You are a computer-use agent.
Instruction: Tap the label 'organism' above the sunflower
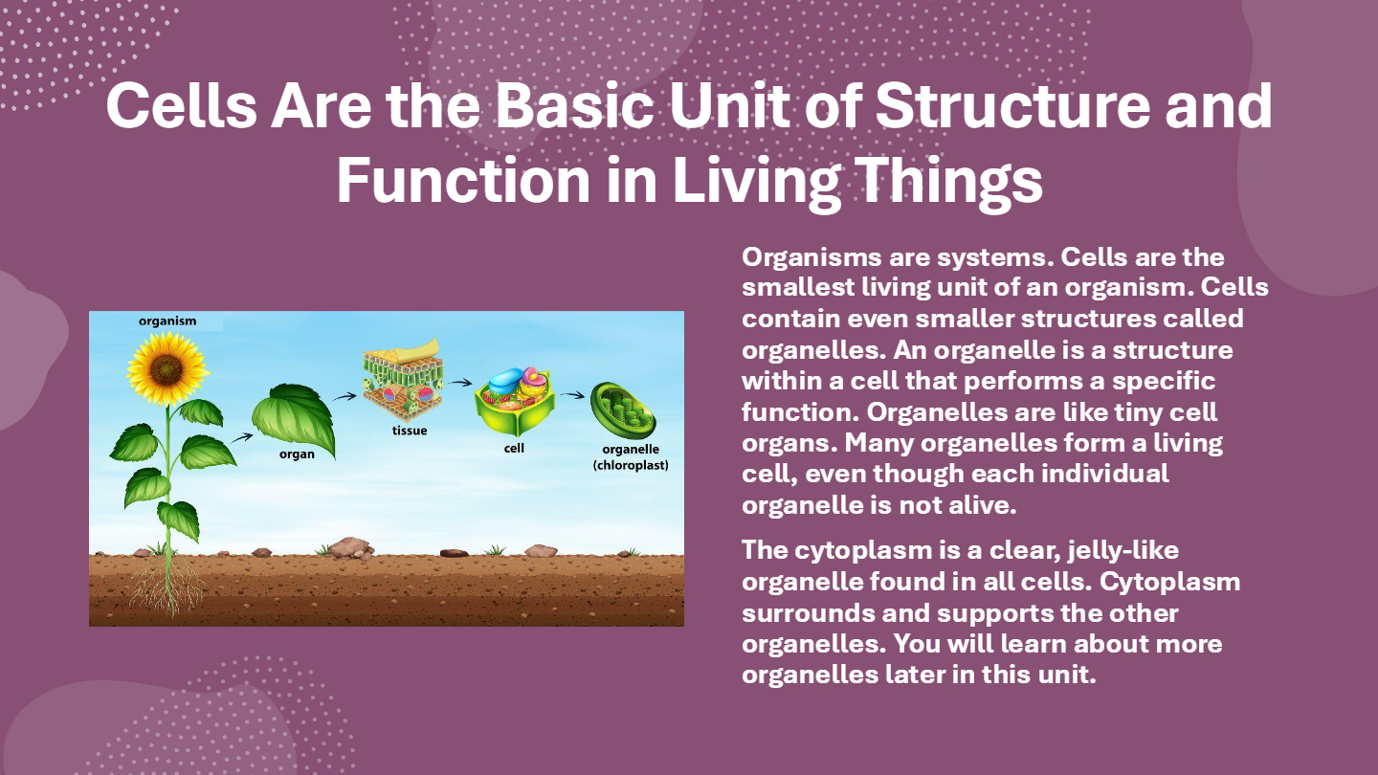click(x=167, y=321)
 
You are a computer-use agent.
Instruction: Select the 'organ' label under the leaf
click(x=297, y=454)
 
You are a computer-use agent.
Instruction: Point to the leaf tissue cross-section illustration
click(x=403, y=378)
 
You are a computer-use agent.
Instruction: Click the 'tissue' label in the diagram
click(x=410, y=431)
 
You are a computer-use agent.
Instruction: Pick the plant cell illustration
click(x=514, y=401)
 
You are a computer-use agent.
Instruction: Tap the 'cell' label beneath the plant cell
click(x=514, y=449)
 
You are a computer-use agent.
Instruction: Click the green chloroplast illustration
click(x=623, y=410)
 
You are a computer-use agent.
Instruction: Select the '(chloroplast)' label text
click(x=631, y=466)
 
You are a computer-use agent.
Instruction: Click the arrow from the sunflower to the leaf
click(x=241, y=438)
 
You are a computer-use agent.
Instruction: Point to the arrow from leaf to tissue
click(x=345, y=397)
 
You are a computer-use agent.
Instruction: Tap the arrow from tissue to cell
click(x=460, y=383)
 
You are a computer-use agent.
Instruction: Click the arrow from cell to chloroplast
click(x=572, y=395)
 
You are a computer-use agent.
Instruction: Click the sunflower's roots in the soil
click(x=167, y=585)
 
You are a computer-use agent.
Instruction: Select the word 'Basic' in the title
click(x=574, y=106)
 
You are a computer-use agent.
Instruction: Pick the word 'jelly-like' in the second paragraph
click(x=1122, y=551)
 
